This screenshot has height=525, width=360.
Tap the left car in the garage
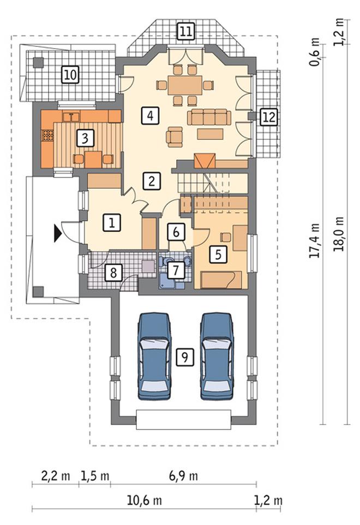(x=154, y=356)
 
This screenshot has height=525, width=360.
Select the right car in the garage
(x=216, y=356)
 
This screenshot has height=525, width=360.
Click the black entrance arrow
(x=58, y=233)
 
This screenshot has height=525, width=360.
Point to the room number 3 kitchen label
(x=85, y=138)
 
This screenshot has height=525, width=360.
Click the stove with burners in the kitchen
(x=47, y=135)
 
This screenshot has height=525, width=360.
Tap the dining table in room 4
(x=185, y=85)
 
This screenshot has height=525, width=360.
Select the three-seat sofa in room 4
(x=209, y=117)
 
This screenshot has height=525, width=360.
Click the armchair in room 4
(x=175, y=136)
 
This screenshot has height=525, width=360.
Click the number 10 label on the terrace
(x=70, y=74)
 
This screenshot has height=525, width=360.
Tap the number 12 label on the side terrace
(x=269, y=117)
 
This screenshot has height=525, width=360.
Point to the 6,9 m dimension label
(x=183, y=476)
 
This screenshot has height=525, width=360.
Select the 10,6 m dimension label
(x=144, y=500)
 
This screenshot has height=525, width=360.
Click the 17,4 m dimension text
(x=315, y=241)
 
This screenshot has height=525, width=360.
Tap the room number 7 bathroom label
(x=176, y=270)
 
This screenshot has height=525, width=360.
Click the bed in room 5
(x=220, y=279)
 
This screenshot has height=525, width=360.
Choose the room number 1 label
(x=112, y=223)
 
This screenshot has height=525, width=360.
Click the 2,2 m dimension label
(x=56, y=476)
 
